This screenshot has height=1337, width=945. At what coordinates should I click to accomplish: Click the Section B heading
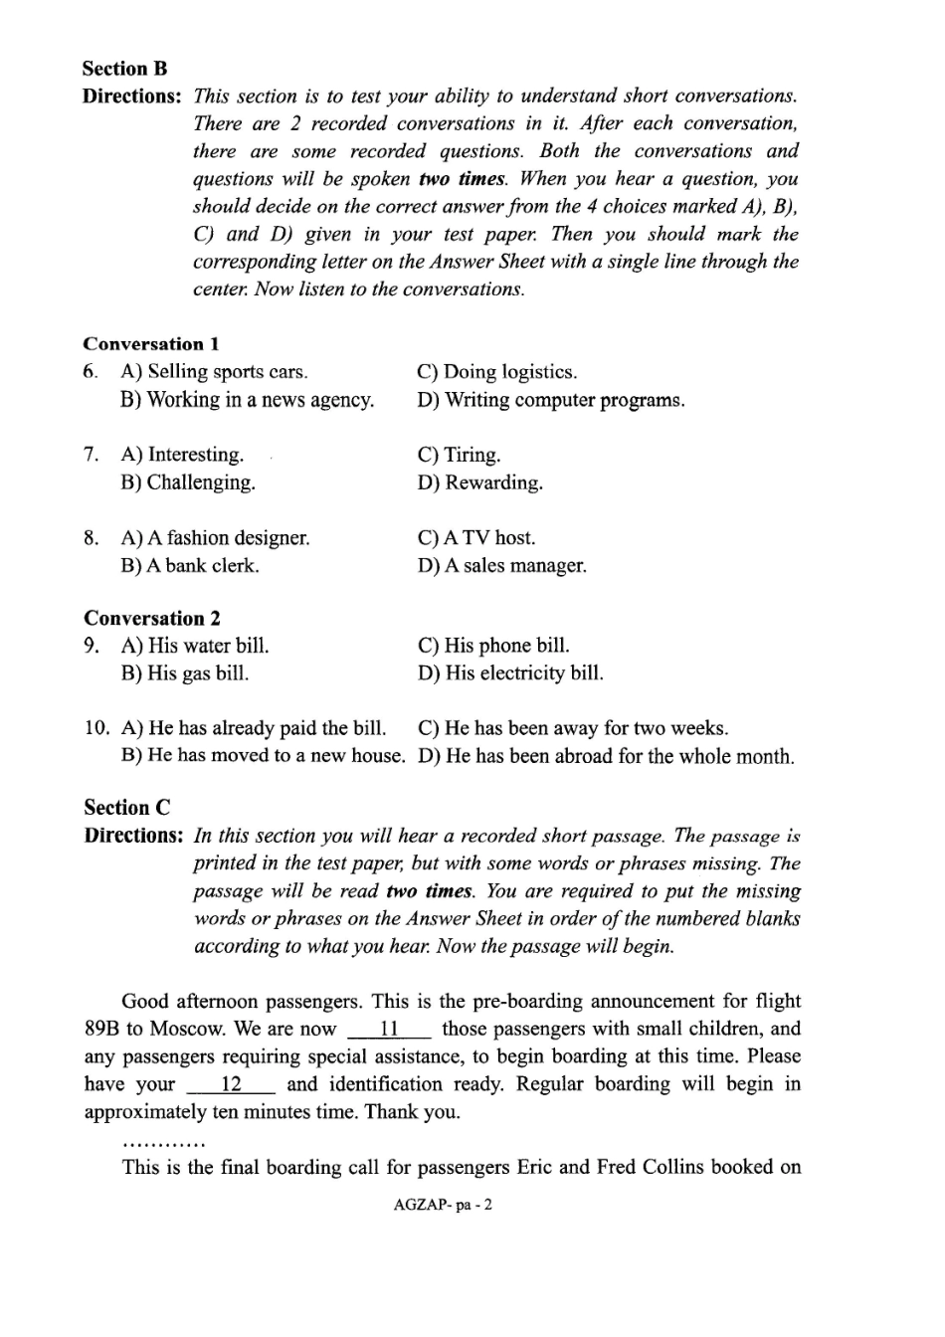tap(125, 69)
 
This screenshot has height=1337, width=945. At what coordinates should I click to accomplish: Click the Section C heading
tap(127, 808)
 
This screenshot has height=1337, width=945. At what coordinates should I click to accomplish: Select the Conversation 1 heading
tap(151, 344)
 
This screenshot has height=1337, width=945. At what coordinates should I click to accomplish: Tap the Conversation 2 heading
tap(152, 618)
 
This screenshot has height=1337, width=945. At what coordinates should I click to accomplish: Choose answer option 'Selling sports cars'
tap(214, 372)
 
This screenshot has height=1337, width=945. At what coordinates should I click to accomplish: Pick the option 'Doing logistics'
tap(497, 372)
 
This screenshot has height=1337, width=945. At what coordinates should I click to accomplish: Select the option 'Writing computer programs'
tap(551, 400)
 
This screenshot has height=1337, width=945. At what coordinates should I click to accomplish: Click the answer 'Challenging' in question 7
tap(188, 482)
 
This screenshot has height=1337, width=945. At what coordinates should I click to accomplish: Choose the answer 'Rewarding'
tap(480, 482)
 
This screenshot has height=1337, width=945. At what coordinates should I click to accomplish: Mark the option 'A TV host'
tap(476, 538)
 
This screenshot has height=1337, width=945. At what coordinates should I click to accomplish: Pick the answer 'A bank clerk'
tap(190, 566)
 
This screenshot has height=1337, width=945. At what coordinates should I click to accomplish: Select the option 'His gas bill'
tap(185, 673)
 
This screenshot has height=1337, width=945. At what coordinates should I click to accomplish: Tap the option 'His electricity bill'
tap(510, 673)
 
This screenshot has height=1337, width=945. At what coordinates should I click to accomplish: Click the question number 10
tap(97, 728)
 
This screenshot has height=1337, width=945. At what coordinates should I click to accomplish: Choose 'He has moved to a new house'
tap(263, 756)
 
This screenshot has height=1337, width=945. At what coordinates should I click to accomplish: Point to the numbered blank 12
tap(231, 1085)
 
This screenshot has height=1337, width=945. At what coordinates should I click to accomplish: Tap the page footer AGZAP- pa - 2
tap(443, 1205)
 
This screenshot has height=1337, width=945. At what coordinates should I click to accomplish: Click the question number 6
tap(91, 372)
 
